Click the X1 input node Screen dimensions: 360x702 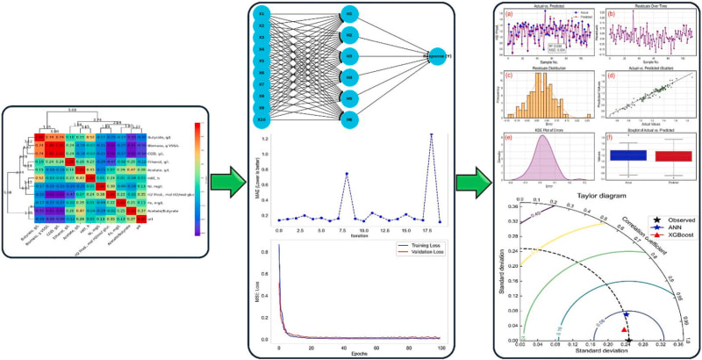point(261,17)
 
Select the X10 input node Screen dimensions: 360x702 point(261,119)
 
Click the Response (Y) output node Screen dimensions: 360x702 point(445,51)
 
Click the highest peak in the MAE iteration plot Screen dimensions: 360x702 point(431,135)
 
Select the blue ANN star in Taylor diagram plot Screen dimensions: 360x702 point(626,313)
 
